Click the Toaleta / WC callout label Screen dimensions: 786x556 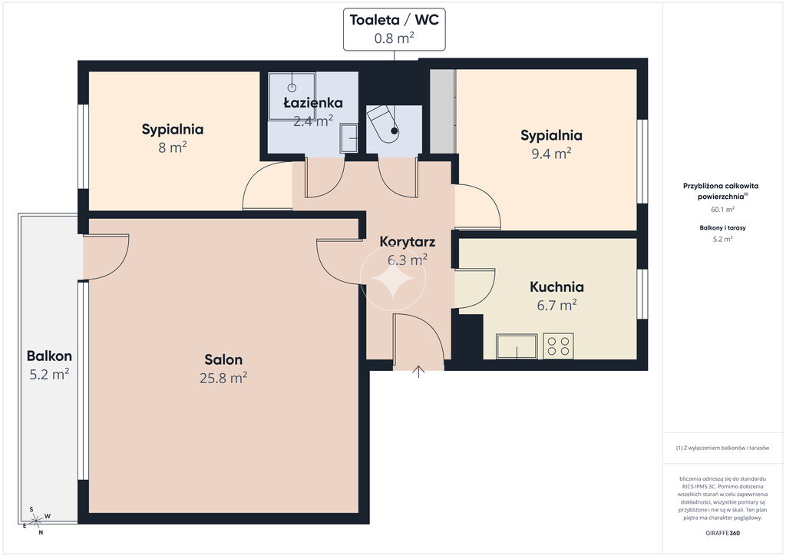394,29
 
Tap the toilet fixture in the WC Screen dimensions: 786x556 384,124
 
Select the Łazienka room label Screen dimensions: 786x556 313,103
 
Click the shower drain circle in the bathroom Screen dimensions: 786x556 292,88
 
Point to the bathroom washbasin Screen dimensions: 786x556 349,138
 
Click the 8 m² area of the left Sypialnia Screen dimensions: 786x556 173,147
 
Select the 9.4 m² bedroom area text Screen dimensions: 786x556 551,154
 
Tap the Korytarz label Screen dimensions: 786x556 408,242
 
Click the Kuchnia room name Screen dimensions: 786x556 557,286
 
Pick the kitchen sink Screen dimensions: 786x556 517,346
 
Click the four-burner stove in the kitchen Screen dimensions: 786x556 558,346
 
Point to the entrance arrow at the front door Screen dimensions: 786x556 418,372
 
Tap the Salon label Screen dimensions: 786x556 223,359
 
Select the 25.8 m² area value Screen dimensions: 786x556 223,378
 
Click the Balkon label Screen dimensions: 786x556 49,356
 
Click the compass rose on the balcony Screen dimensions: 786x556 36,521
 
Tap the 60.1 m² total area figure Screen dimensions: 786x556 723,210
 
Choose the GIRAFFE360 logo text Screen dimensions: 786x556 722,533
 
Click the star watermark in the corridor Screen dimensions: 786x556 393,279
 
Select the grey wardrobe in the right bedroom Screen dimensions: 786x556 443,111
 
